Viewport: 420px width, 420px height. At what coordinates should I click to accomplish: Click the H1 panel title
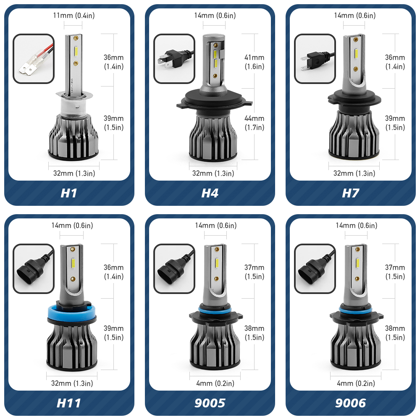point(69,193)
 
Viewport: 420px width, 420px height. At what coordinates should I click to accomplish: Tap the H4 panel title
point(210,193)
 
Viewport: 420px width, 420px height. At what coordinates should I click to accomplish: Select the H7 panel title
point(350,193)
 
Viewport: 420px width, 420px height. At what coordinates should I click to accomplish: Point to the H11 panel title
point(69,403)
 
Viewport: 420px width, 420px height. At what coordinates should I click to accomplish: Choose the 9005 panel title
point(210,403)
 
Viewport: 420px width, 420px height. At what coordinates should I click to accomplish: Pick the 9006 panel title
point(350,403)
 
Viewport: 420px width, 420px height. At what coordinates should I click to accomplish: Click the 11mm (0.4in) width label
point(74,16)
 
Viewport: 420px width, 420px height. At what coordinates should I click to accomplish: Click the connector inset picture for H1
point(34,59)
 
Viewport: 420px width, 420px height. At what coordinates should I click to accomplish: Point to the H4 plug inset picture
point(174,59)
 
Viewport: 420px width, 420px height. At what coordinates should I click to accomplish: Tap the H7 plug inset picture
point(315,59)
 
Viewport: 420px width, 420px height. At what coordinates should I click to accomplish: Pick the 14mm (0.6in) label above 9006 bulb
point(356,226)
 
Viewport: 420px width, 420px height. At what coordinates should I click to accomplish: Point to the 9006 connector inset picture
point(315,269)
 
